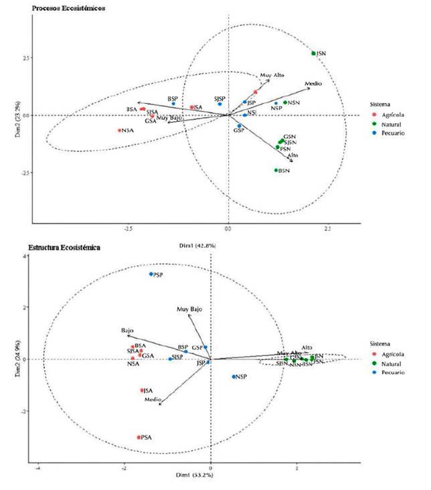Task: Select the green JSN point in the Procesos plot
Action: point(313,54)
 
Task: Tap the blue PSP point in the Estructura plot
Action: point(151,274)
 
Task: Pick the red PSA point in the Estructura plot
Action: point(139,437)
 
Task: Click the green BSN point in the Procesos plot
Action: point(276,171)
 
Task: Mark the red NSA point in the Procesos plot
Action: point(120,131)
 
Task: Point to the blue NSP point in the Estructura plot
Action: point(234,377)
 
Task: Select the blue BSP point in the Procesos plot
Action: point(173,104)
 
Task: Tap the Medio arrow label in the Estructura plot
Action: point(153,400)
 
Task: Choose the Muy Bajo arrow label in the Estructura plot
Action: point(189,309)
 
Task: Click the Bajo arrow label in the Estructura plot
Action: point(127,331)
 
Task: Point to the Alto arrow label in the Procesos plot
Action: point(292,155)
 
